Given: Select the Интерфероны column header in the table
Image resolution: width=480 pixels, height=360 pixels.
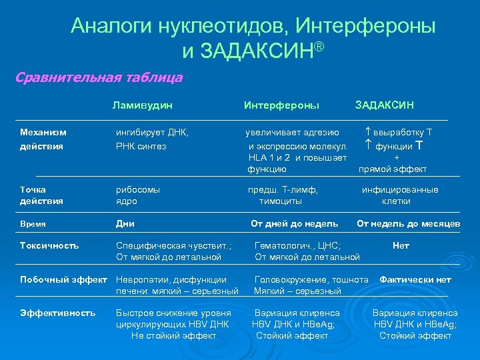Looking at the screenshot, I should coord(281,105).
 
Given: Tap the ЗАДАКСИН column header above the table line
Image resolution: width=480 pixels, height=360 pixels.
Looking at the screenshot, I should coord(384,105).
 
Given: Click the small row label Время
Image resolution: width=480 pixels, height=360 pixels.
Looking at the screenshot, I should coord(33,224).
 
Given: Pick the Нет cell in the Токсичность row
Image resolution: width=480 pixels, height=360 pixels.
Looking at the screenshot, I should coord(401,245).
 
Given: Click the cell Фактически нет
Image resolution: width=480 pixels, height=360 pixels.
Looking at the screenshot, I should coord(415,279).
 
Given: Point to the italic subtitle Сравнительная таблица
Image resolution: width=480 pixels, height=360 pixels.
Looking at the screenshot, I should coord(99,77).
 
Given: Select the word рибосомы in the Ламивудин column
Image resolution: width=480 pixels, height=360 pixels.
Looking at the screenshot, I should coord(138,189).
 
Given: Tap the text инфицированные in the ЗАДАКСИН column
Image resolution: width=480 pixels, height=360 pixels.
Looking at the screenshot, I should coord(400,189).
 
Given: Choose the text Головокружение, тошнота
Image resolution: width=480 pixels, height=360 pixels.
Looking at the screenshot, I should coord(311,279).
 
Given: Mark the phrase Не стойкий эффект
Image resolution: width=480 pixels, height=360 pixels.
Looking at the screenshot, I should coord(174,335).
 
